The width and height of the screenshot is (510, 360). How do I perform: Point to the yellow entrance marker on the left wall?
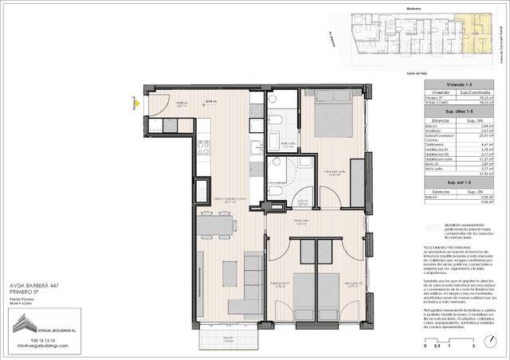coord(135,102)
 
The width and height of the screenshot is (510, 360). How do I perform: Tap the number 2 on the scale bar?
coord(474,348)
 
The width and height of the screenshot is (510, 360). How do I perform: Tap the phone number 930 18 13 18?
coord(31,339)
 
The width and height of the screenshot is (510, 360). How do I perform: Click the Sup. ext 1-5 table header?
coord(459,182)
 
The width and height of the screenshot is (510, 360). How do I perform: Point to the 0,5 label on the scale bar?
coord(437,348)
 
